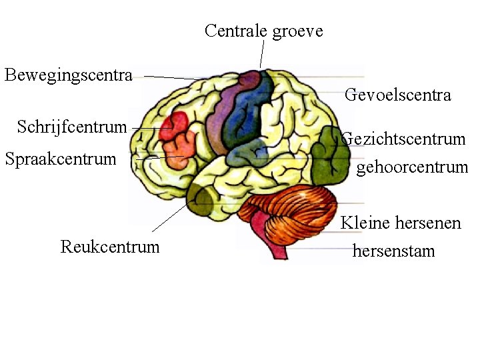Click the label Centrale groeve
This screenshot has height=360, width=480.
coord(263,31)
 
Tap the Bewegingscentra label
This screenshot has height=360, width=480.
coord(69,74)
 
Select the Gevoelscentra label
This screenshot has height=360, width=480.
coord(397,95)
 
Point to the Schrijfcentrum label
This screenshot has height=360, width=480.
coord(72,127)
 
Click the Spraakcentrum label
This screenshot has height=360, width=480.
coord(60,159)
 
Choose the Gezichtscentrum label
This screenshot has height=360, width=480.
coord(403,139)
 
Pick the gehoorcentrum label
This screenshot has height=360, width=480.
coord(412,167)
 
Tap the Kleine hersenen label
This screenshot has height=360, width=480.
coord(401,223)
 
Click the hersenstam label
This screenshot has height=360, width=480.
coord(393,251)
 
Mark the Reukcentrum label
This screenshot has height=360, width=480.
coord(110,247)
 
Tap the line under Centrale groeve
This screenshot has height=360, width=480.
coord(262,53)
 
